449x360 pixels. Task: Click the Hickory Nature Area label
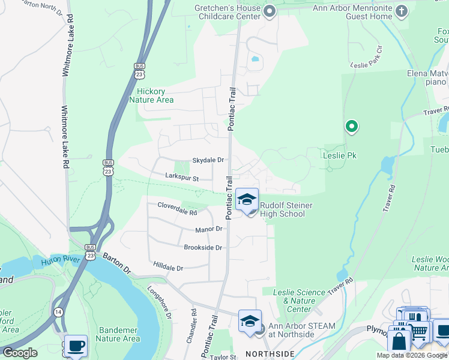coord(151,95)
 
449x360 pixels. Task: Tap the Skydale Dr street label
coord(208,160)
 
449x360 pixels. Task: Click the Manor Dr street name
coord(209,229)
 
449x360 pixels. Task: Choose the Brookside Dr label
coord(203,247)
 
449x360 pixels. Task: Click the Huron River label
coord(60,261)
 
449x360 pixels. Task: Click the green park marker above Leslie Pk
coord(352,127)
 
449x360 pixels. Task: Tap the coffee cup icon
coord(75,346)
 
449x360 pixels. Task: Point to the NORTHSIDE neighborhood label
coord(270,354)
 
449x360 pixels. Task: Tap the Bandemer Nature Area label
coord(119,334)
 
